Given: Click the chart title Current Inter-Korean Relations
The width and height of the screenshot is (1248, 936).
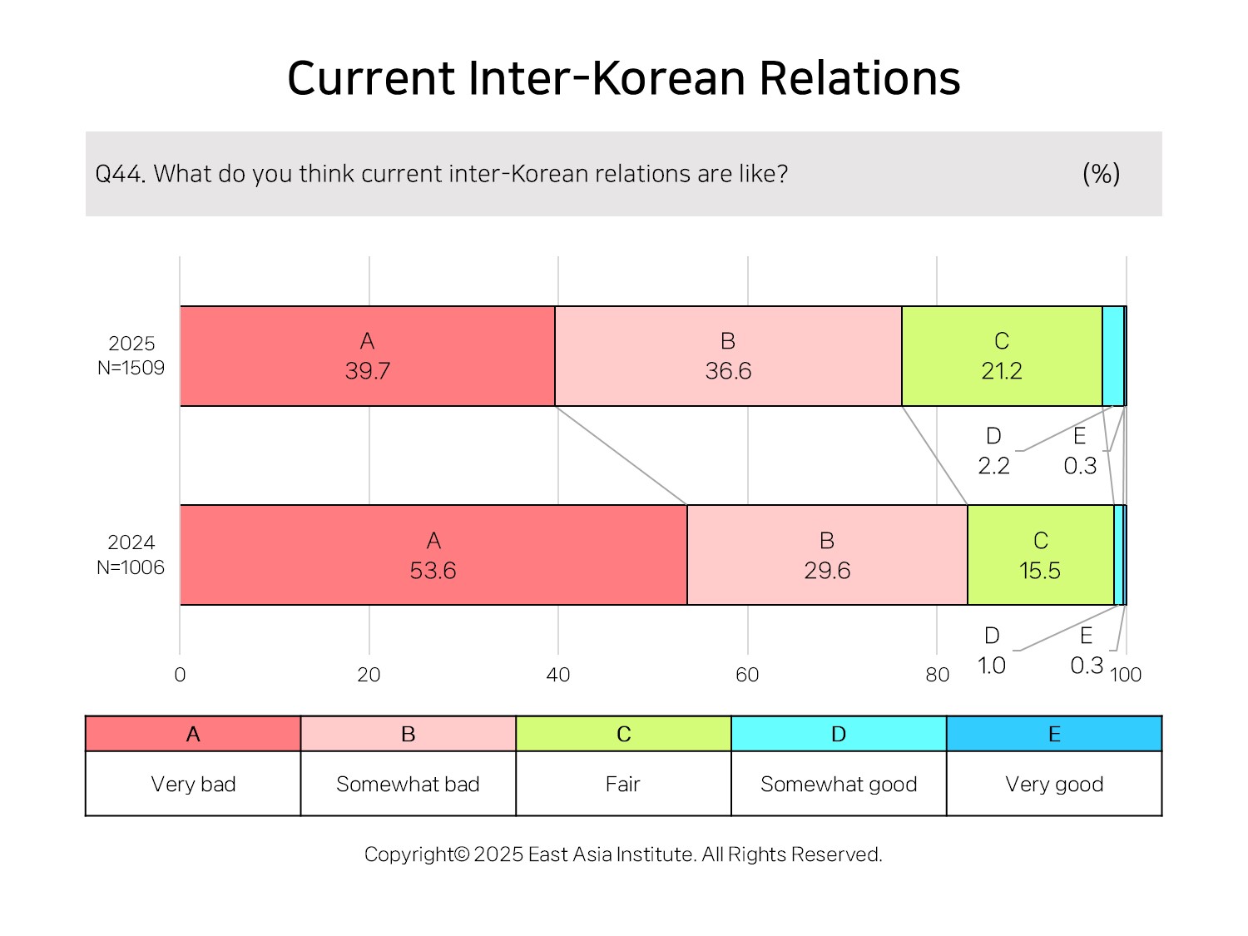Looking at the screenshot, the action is point(623,78).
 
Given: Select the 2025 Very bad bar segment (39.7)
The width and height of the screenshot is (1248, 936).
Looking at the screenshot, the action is point(367,356).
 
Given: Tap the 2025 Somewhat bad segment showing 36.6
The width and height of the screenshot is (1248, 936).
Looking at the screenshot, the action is point(728,356).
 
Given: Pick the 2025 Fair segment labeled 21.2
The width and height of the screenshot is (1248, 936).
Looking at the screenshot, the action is point(1002,356).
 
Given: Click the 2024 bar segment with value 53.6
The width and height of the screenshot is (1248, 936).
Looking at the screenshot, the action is point(433,555).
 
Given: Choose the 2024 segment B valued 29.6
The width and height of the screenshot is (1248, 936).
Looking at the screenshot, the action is point(827,555).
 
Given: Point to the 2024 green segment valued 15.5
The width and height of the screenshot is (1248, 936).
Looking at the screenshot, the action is point(1041,555).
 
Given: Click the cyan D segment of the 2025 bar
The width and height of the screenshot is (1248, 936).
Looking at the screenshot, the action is point(1112,356).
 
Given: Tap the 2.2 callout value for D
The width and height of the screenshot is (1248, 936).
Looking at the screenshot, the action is point(993,466).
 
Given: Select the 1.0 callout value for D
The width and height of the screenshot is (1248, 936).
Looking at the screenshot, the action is point(992,666).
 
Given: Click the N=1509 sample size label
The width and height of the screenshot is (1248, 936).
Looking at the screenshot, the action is point(131,368).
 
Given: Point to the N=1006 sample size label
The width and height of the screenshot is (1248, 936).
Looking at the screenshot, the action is point(130,567).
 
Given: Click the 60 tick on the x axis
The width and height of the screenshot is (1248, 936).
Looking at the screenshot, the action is point(747,675).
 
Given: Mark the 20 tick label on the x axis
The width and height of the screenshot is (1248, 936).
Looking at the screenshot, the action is point(369,675).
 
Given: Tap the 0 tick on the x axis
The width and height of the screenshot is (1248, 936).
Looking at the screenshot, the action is point(180,675).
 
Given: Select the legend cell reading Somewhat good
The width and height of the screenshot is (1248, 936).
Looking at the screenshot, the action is point(839,784).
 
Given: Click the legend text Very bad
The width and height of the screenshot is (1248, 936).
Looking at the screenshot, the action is point(193,785).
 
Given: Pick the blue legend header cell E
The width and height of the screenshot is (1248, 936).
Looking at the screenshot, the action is point(1054,734).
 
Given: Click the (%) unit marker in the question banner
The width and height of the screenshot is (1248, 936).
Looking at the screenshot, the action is point(1102,173).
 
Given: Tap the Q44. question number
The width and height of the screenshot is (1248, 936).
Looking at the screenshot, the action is point(120,174).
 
